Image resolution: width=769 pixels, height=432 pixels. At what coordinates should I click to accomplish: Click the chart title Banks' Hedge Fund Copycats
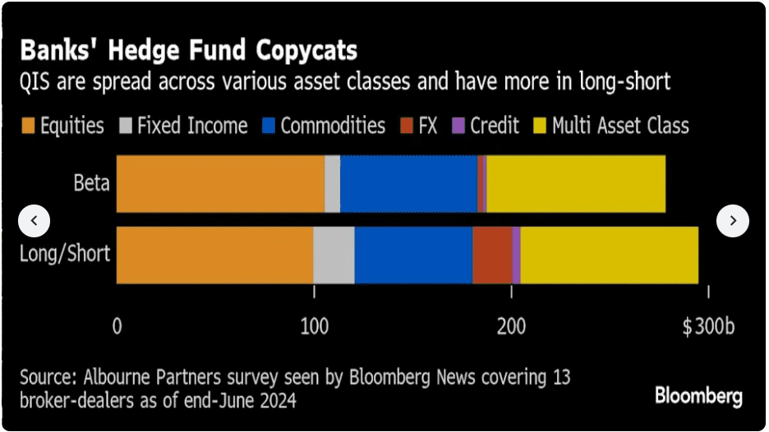tap(189, 51)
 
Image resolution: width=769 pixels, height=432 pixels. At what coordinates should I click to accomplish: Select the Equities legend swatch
tap(29, 126)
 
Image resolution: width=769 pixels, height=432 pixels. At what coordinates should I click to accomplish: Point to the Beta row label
tap(91, 183)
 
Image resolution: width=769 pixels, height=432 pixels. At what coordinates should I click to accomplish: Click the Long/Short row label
tap(65, 253)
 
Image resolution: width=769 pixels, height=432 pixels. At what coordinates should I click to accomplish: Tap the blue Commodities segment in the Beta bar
tap(408, 183)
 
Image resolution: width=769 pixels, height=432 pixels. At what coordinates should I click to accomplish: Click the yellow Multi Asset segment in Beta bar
tap(575, 183)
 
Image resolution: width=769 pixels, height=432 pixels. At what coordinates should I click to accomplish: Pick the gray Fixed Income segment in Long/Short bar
tap(334, 254)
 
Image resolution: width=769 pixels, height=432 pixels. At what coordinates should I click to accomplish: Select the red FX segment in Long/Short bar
tap(492, 254)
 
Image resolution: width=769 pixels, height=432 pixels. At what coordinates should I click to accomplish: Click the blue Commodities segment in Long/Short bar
tap(413, 254)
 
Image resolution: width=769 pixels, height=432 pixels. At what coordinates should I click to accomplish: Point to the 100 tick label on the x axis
tap(313, 326)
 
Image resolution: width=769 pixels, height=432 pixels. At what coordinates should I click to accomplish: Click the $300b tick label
tap(707, 326)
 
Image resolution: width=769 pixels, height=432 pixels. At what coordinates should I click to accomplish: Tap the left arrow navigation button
tap(34, 221)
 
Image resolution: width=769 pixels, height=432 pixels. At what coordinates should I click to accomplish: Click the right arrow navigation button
tap(733, 221)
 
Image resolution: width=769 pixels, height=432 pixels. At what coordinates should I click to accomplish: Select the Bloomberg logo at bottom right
tap(698, 397)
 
